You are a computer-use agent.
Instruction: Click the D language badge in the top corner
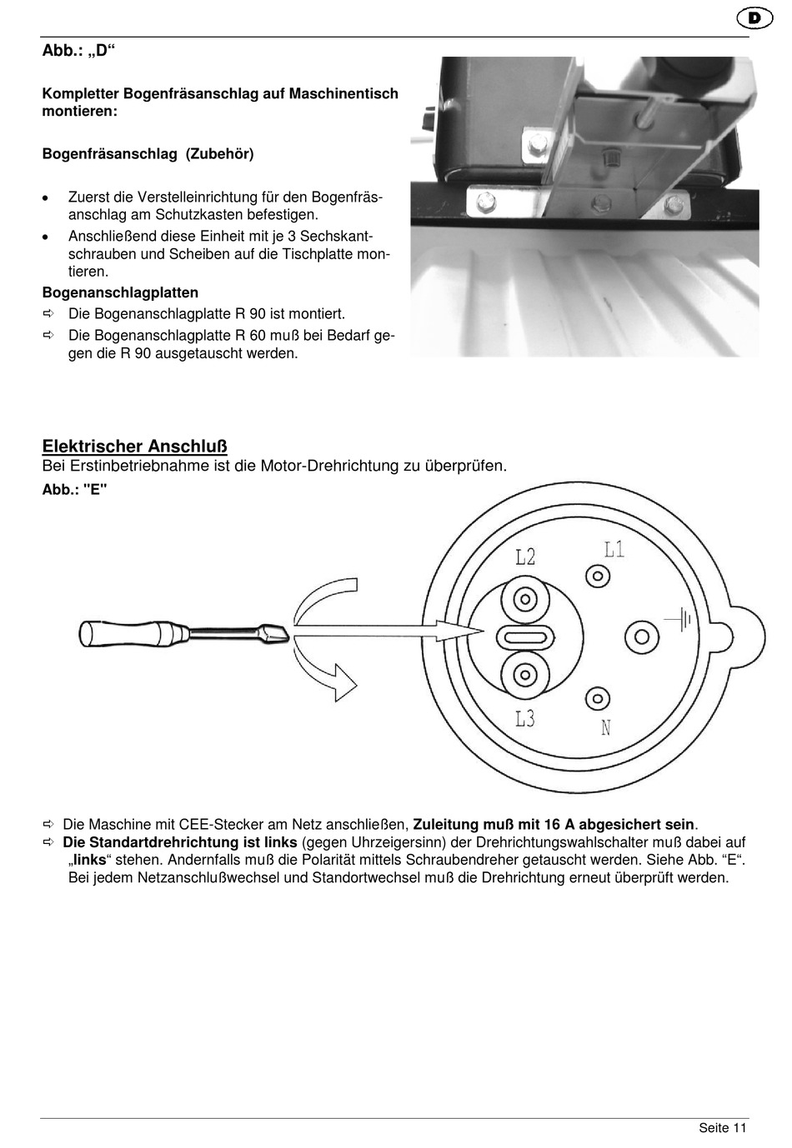pos(754,17)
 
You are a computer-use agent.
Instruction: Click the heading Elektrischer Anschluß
pos(135,447)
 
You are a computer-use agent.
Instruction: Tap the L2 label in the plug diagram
pos(525,557)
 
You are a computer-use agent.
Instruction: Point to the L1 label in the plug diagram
pos(614,549)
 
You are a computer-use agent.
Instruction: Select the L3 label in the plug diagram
pos(524,717)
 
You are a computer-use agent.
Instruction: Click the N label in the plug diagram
pos(606,728)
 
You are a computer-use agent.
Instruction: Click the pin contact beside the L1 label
pos(597,576)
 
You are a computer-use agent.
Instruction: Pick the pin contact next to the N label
pos(597,697)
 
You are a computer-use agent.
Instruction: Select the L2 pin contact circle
pos(525,599)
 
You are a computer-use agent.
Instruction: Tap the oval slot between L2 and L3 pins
pos(525,637)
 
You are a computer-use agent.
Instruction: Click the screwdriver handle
pos(134,632)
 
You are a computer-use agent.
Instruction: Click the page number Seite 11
pos(722,1128)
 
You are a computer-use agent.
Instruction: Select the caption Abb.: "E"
pos(75,490)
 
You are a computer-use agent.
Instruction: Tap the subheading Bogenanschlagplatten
pos(121,292)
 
